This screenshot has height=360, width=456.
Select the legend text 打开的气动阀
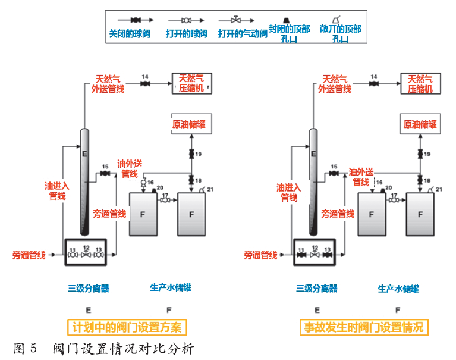tap(243, 34)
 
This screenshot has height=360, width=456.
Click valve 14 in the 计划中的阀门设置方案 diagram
tap(145, 84)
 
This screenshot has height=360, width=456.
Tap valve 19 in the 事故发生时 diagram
tap(422, 155)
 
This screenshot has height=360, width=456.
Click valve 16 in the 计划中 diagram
tap(143, 186)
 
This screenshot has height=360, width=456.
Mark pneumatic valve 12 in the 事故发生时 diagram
tap(315, 255)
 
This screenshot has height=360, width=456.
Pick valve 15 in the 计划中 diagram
tap(105, 174)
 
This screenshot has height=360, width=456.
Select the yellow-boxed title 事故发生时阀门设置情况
tap(363, 327)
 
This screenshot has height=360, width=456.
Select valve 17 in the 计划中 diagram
tap(165, 201)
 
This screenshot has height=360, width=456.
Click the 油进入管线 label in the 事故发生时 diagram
tap(289, 191)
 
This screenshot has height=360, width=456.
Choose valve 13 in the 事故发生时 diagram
tap(329, 255)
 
